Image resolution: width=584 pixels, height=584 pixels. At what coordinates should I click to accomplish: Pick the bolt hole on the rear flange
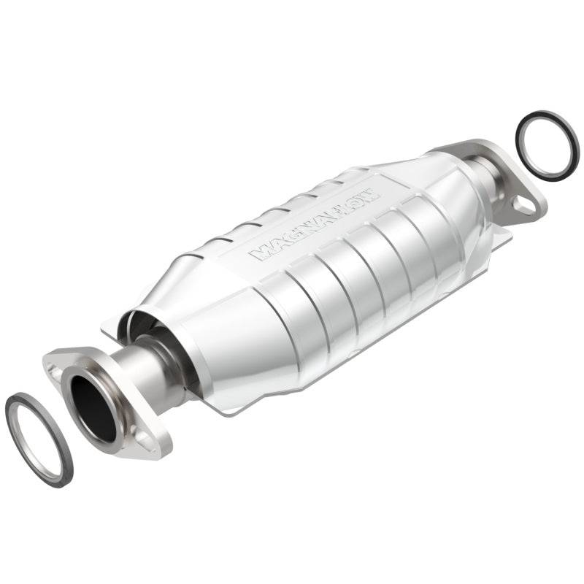[523, 204]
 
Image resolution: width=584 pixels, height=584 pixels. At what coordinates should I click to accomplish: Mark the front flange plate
[109, 401]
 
